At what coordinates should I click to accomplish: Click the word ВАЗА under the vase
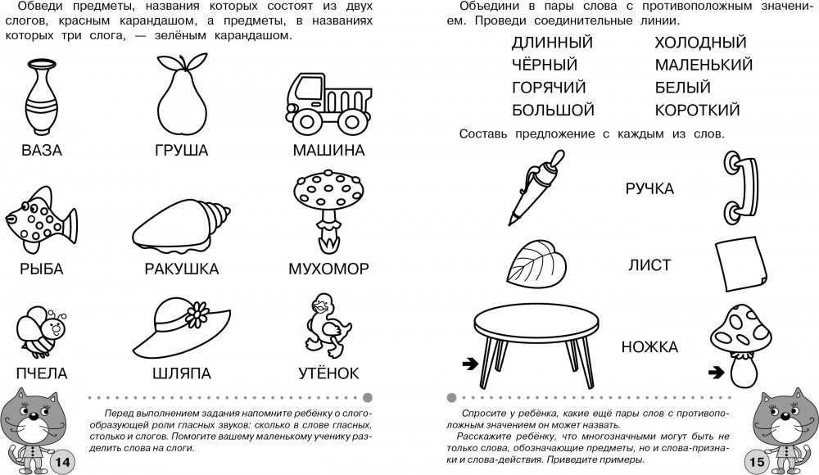coord(42,151)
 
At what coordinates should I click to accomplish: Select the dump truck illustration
coord(328,102)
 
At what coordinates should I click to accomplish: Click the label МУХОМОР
coord(328,269)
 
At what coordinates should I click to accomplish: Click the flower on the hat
coord(197,314)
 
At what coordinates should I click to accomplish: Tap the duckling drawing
coord(328,324)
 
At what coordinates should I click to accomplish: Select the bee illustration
coord(41,332)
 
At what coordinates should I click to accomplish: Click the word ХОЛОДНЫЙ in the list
coord(700,43)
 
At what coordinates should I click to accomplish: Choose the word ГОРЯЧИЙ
coord(549,88)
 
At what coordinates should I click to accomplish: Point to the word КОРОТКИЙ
coord(697,111)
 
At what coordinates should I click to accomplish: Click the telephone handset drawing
coord(740,188)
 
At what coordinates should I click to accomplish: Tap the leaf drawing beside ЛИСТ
coord(536,264)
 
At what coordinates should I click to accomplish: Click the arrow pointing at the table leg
coord(470,364)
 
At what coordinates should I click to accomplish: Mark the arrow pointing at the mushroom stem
coord(716,372)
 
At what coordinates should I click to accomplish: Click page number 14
coord(62,461)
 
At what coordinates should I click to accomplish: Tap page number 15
coord(757,461)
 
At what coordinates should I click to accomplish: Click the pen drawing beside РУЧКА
coord(536,188)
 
